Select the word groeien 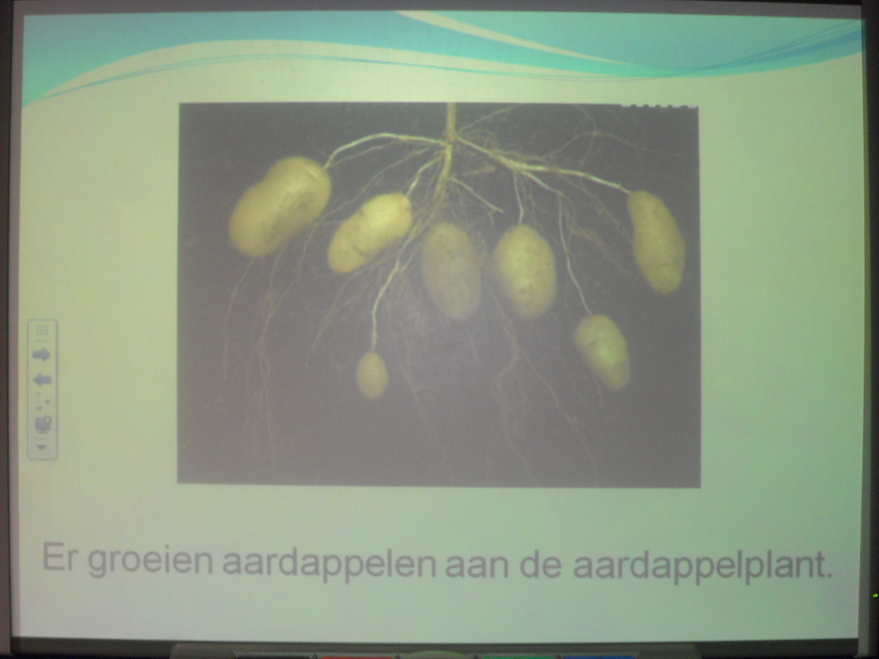coord(149,561)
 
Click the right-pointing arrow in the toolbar coord(41,354)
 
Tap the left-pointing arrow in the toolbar coord(42,380)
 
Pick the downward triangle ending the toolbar coord(41,447)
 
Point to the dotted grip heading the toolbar coord(42,330)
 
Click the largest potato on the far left coord(280,206)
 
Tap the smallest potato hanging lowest coord(372,375)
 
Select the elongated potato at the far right coord(656,241)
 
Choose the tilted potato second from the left coord(369,232)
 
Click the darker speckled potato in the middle coord(452,270)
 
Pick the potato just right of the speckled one coord(524,270)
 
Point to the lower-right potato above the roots coord(602,351)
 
